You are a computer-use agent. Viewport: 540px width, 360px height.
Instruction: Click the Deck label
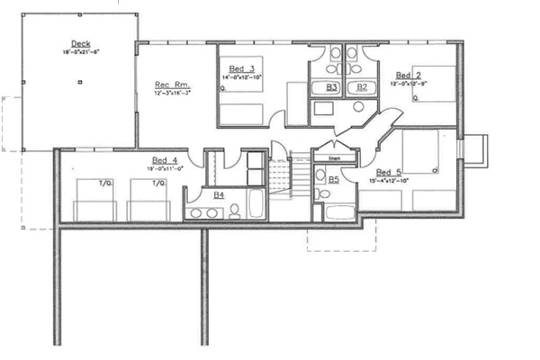click(80, 43)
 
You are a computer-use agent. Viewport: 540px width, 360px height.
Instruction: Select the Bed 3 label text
click(238, 69)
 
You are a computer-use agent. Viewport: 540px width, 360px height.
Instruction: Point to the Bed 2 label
click(407, 75)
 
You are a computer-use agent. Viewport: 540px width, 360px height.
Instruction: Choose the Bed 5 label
click(390, 172)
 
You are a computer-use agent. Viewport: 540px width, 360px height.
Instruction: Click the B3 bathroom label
click(332, 86)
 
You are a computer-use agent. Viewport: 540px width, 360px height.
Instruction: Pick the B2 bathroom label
click(362, 86)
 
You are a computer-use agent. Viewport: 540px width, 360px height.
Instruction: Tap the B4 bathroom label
click(219, 194)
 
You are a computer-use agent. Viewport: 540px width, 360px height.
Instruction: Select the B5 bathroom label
click(333, 180)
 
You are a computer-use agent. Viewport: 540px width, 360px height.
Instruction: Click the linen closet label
click(334, 158)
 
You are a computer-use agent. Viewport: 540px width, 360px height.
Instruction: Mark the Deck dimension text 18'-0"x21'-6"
click(80, 53)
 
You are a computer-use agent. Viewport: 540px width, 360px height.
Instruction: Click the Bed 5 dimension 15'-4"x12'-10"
click(390, 181)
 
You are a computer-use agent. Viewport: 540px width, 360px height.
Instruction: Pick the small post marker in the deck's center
click(80, 84)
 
